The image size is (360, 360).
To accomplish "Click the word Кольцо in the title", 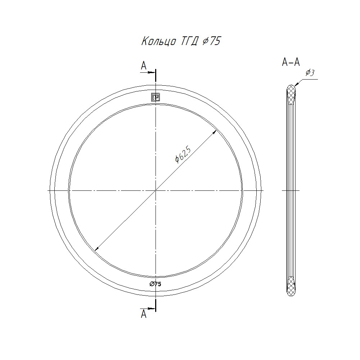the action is pos(159,41).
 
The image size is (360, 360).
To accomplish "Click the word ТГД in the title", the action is pos(189,41).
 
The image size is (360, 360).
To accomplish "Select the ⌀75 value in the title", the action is pos(211,41).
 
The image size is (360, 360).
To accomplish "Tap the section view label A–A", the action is pos(291,62).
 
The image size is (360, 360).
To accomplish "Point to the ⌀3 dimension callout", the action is pos(310,73).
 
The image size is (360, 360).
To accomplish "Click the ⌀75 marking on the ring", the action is pos(156,284).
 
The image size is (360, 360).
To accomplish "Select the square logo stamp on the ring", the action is pos(156,97).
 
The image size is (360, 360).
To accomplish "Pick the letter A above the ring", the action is pos(144,66).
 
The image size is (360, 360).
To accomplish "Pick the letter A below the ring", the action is pos(144,314).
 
